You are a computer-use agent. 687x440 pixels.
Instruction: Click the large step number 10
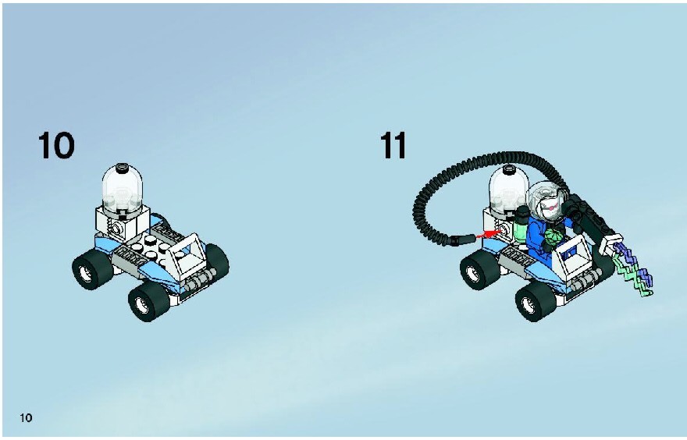point(56,145)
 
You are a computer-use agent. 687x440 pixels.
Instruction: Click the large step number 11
point(393,145)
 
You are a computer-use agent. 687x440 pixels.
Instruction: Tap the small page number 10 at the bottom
point(26,417)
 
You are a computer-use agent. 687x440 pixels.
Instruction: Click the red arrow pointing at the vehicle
point(489,234)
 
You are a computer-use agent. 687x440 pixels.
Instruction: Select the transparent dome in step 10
point(123,187)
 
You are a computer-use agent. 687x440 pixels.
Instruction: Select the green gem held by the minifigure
point(552,241)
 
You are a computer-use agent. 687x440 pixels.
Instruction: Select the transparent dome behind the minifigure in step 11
point(508,187)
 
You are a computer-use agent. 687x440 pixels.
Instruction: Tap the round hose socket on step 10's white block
point(117,228)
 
